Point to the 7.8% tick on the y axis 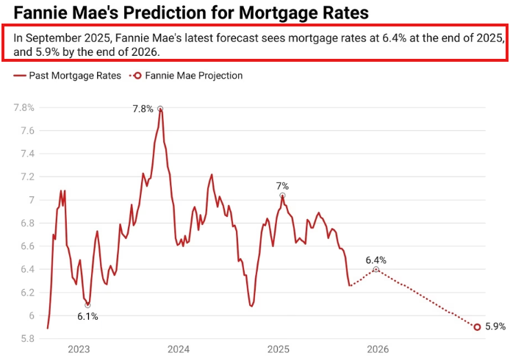[x=24, y=107]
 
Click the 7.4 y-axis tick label [x=26, y=154]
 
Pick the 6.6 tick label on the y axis [x=26, y=246]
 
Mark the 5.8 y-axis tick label [x=26, y=339]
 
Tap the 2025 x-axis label [x=278, y=350]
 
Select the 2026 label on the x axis [x=378, y=350]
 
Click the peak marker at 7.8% [x=160, y=109]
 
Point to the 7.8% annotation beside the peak [x=143, y=109]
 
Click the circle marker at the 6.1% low [x=87, y=304]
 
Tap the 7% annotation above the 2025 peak [x=282, y=186]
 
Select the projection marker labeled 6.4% [x=376, y=270]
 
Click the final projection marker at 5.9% [x=477, y=327]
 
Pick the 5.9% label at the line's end [x=496, y=327]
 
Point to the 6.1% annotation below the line [x=87, y=316]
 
